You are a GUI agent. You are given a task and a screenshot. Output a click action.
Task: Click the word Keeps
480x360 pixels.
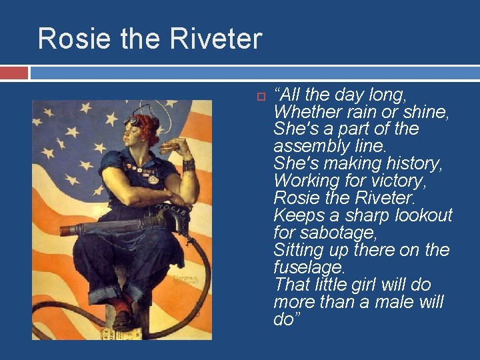(299, 215)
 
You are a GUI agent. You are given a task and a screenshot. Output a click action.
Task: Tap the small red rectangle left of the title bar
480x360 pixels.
(14, 72)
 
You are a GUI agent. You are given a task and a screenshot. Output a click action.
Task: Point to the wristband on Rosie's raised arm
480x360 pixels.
(188, 163)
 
